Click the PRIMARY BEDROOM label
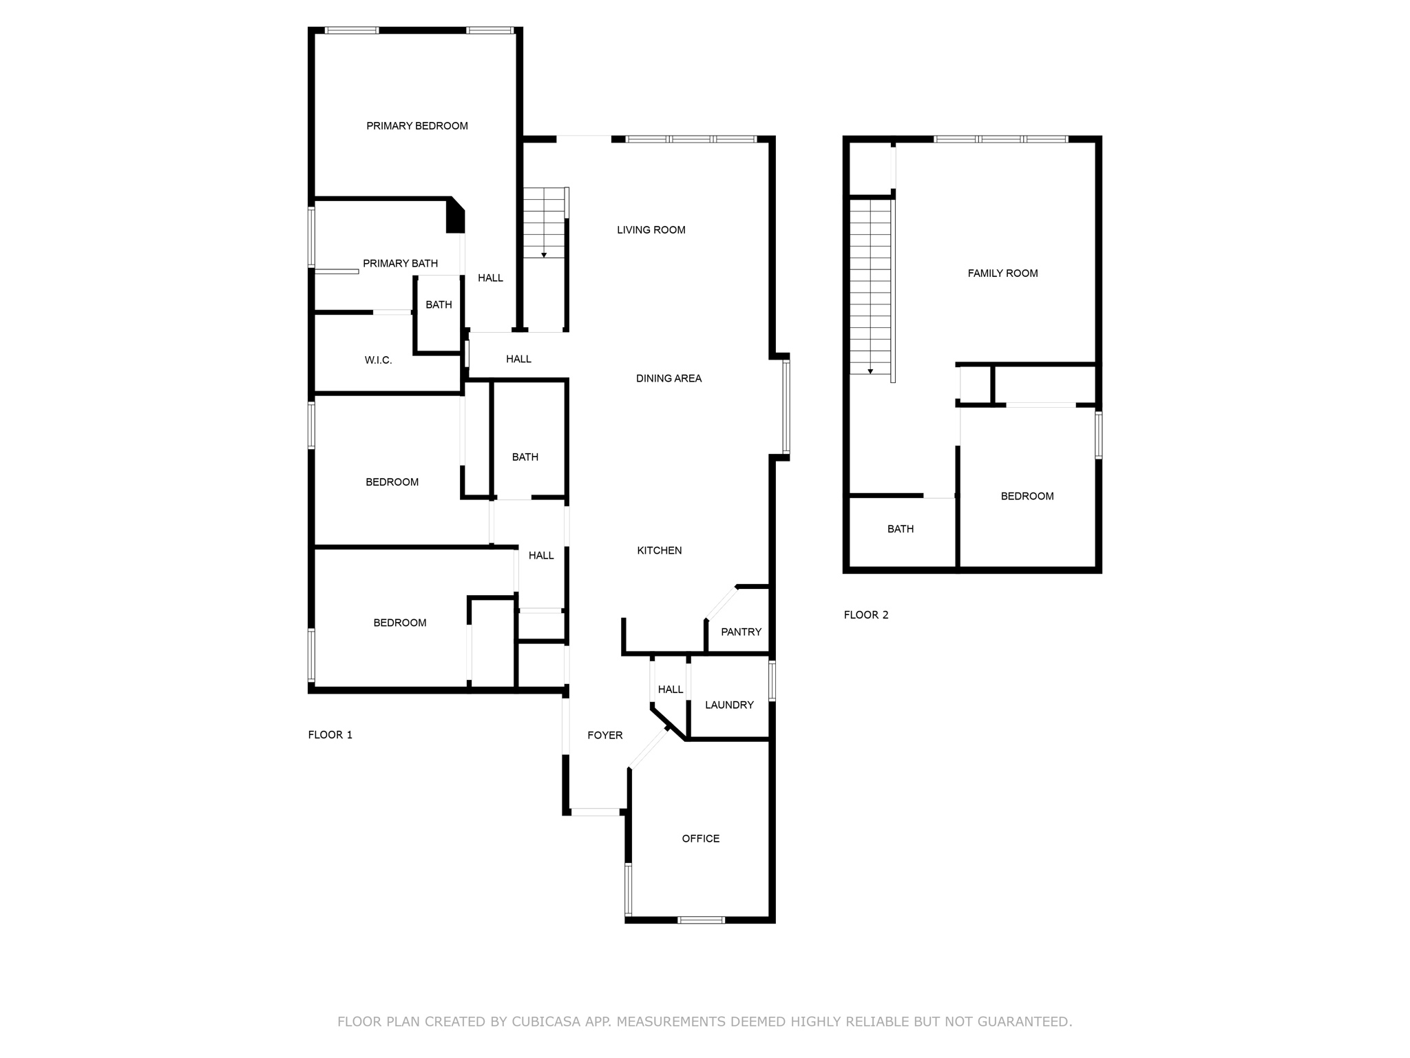pyautogui.click(x=417, y=126)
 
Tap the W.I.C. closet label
pyautogui.click(x=378, y=360)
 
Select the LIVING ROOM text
pyautogui.click(x=651, y=230)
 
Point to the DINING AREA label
pyautogui.click(x=669, y=378)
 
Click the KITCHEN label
pyautogui.click(x=659, y=550)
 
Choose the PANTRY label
pyautogui.click(x=741, y=632)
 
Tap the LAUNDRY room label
pyautogui.click(x=729, y=705)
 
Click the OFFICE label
pyautogui.click(x=700, y=838)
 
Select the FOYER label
pyautogui.click(x=604, y=736)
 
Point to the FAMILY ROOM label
pyautogui.click(x=1002, y=273)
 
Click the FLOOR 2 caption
pyautogui.click(x=865, y=615)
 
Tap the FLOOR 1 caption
pyautogui.click(x=330, y=735)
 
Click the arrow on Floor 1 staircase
pyautogui.click(x=544, y=255)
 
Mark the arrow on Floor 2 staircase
pyautogui.click(x=870, y=371)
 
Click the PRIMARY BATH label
pyautogui.click(x=400, y=263)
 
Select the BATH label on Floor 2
pyautogui.click(x=900, y=529)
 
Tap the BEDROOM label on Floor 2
pyautogui.click(x=1027, y=496)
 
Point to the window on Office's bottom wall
pyautogui.click(x=700, y=920)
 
